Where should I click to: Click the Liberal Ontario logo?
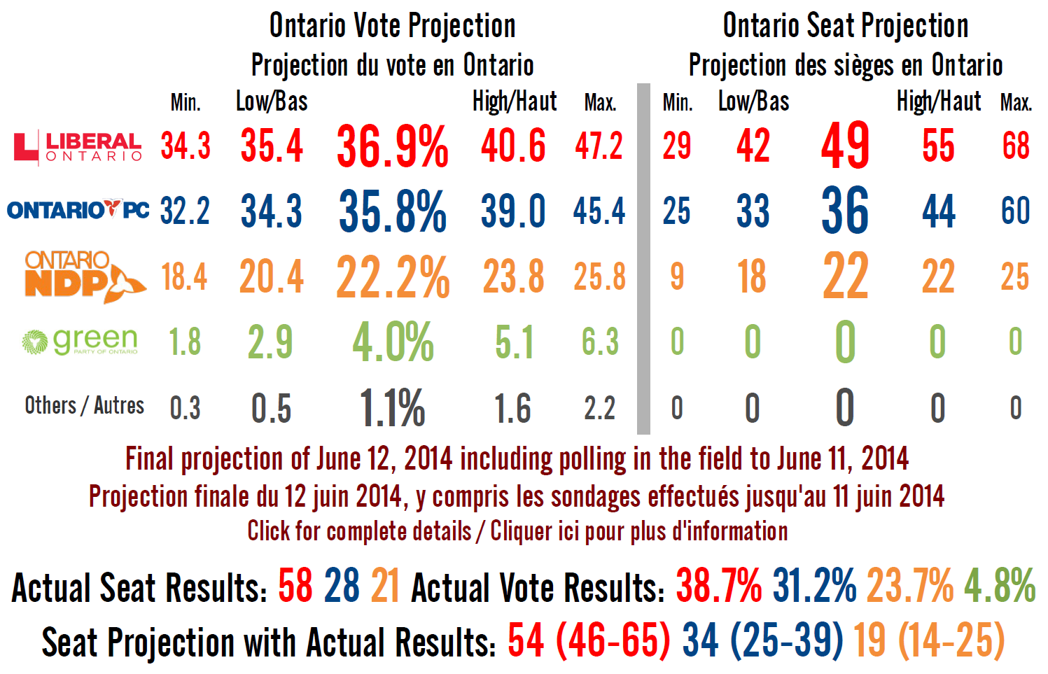78,147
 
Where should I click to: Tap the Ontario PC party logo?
78,210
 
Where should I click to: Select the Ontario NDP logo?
84,276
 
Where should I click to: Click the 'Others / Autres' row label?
84,406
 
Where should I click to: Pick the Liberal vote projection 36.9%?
392,147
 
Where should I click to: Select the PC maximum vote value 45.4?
599,211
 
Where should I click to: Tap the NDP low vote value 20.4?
272,277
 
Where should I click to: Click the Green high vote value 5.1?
514,342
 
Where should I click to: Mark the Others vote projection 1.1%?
392,408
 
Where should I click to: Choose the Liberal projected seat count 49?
845,146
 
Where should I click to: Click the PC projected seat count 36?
845,211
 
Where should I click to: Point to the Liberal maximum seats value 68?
1016,146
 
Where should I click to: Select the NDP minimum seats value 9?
677,276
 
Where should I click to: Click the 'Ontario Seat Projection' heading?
846,26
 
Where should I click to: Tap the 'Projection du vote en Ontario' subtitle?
392,65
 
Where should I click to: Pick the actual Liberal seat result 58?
295,587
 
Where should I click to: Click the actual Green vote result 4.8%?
1000,587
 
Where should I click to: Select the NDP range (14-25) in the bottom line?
951,641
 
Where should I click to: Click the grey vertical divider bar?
643,259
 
